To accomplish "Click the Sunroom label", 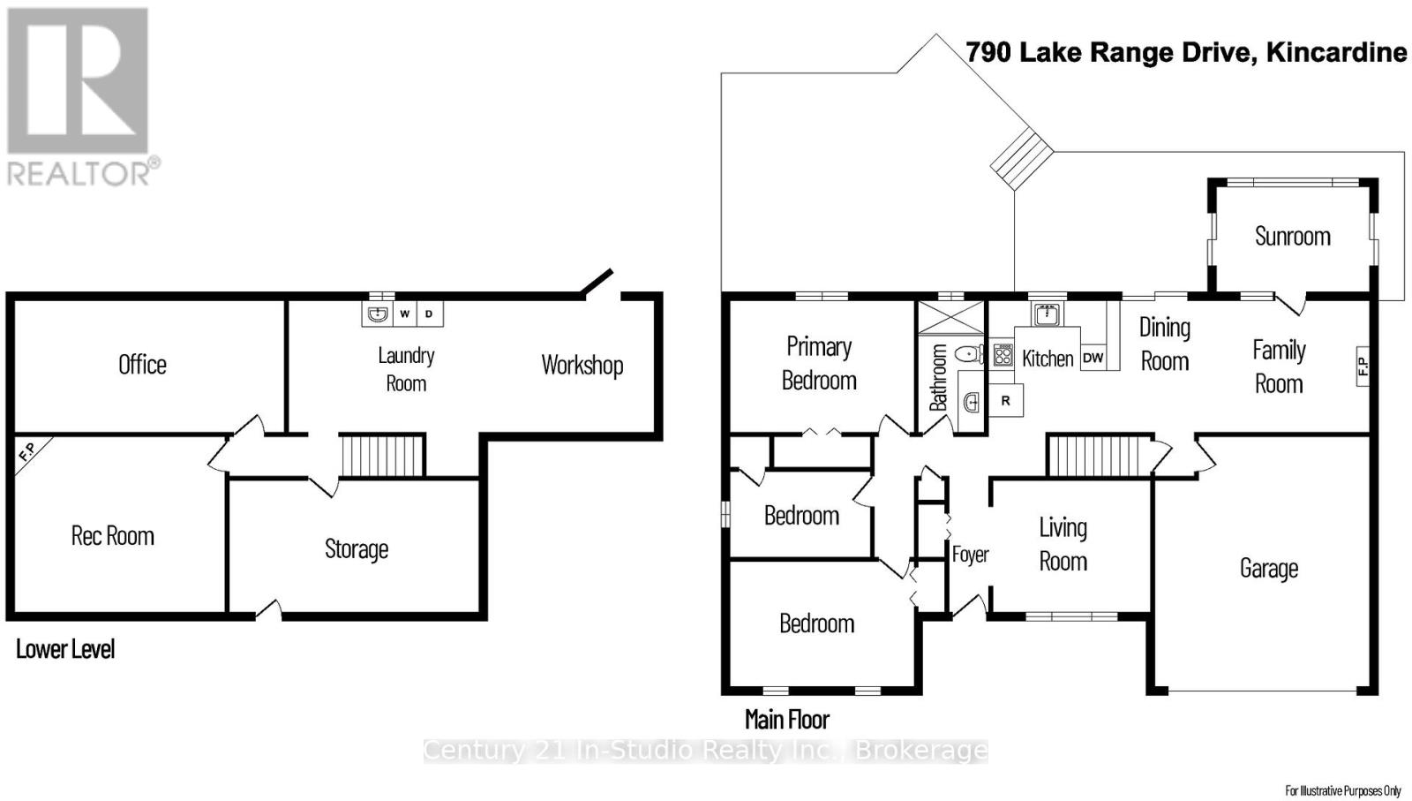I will click(x=1292, y=237).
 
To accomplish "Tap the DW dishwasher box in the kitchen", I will click(x=1093, y=358).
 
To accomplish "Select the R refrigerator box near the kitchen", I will click(x=1005, y=401).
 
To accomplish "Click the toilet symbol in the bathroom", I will click(x=970, y=354).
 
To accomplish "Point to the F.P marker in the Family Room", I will click(x=1362, y=366).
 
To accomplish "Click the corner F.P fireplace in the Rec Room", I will click(x=27, y=452).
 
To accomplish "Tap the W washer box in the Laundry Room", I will click(x=404, y=314).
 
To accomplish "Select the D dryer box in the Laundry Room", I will click(x=430, y=314).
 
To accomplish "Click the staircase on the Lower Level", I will click(x=383, y=455).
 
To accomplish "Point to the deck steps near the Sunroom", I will click(x=1022, y=157).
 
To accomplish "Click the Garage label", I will click(x=1268, y=569).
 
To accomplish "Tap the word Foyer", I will click(x=970, y=555).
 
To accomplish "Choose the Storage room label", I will click(x=357, y=549).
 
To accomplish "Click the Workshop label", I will click(x=582, y=365).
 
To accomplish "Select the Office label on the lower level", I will click(x=142, y=365).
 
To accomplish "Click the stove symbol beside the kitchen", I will click(x=1003, y=355).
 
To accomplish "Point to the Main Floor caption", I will click(x=786, y=720).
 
